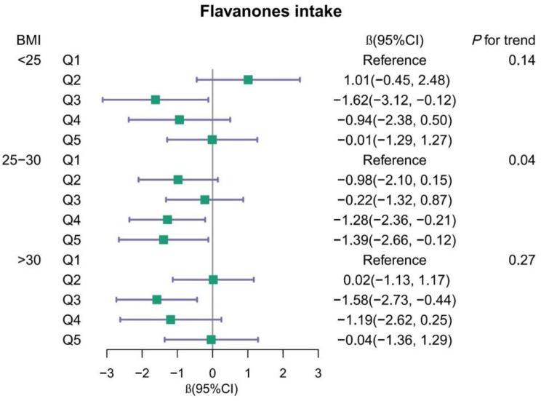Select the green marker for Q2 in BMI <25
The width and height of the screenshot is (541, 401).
coord(248,79)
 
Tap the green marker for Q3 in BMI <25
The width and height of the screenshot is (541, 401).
coord(155,99)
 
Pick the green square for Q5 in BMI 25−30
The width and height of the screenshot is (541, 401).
coord(164,239)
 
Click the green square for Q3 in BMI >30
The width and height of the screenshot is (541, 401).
coord(156,299)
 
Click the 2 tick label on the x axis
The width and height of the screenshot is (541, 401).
coord(283,373)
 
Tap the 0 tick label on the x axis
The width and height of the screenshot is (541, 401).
coord(212,373)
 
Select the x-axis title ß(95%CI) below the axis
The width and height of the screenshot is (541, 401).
coord(212,389)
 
